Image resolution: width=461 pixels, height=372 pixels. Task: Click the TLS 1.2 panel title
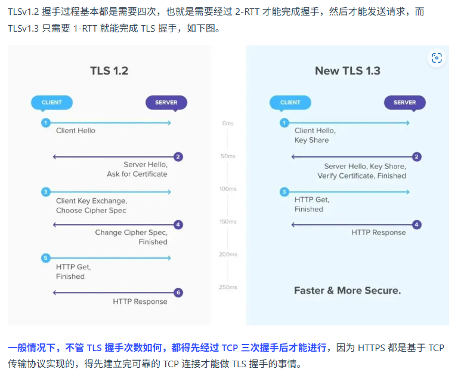pos(109,71)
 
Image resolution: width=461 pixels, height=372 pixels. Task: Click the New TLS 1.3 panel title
pos(348,71)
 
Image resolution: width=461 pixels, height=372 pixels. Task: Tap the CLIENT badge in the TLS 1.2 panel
pos(52,102)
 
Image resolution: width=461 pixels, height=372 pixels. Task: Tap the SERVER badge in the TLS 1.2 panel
pos(166,102)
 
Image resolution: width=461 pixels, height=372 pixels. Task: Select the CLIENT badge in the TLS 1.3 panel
pos(290,102)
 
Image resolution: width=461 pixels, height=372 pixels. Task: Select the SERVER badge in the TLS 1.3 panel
pos(404,102)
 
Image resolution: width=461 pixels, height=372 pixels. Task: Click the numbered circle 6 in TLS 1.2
pos(178,293)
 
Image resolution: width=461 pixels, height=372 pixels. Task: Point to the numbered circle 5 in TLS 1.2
pos(45,258)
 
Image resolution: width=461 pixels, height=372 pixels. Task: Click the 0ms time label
pos(228,123)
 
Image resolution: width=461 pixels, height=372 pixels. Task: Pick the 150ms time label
pos(228,222)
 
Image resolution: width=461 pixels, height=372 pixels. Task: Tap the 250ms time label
pos(228,287)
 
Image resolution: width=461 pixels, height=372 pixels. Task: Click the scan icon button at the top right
pos(437,58)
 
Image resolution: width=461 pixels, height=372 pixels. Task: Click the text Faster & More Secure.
pos(347,291)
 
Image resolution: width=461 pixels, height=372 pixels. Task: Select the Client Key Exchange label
pos(91,201)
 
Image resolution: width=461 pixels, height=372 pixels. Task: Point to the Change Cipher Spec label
pos(131,232)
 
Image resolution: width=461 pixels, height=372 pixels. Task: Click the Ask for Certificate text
pos(137,174)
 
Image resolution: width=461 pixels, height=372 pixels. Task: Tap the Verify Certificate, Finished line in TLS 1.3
pos(361,176)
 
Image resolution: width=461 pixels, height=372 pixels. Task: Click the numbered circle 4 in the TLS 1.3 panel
pos(417,225)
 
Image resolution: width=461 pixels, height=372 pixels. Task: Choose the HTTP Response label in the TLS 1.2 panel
pos(140,302)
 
